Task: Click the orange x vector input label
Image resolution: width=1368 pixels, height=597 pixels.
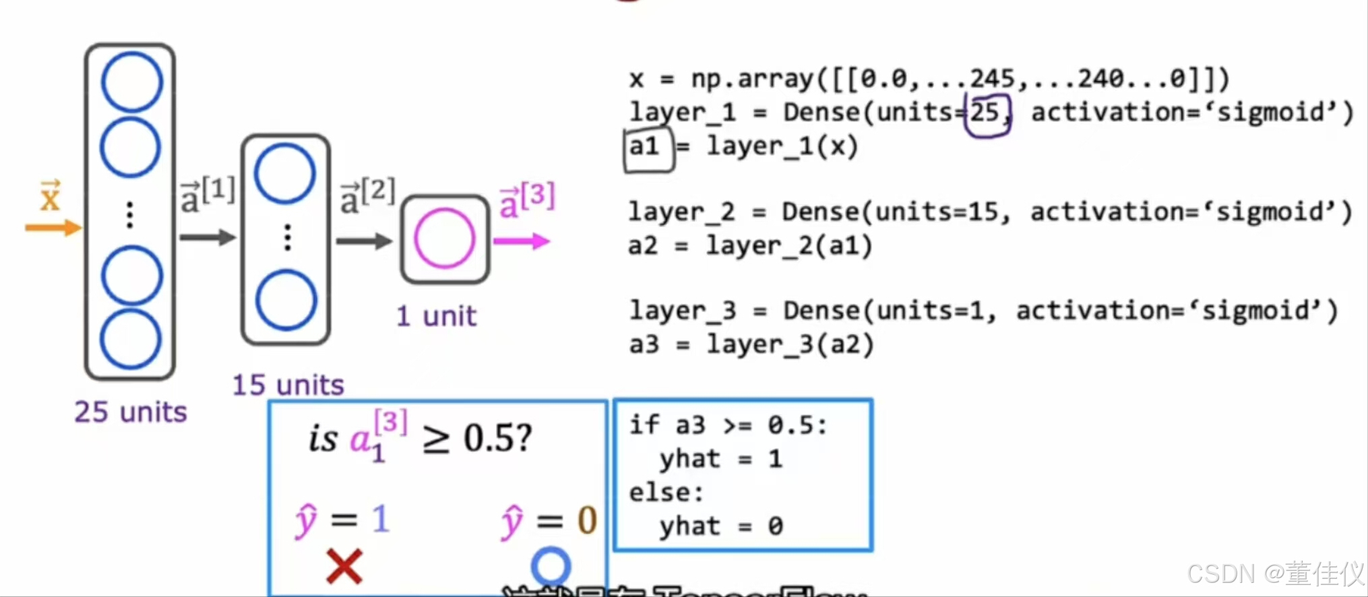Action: coord(50,197)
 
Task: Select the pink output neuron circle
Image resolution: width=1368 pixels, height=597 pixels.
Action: coord(445,239)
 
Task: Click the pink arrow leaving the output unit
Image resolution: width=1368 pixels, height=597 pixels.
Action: coord(522,241)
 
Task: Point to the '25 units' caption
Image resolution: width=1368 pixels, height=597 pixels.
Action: coord(130,412)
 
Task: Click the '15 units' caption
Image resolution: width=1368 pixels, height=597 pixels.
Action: coord(288,385)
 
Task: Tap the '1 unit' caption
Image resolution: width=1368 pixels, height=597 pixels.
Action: coord(436,316)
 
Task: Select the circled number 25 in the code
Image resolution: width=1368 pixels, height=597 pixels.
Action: coord(985,114)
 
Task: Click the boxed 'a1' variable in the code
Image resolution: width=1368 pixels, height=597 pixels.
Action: coord(646,147)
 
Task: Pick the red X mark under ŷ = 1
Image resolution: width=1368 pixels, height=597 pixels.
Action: coord(344,565)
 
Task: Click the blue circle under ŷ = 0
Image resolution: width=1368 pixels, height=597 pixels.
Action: coord(551,566)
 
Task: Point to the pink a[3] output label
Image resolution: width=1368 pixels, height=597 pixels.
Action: coord(527,200)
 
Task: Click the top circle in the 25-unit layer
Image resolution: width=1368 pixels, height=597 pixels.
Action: coord(132,82)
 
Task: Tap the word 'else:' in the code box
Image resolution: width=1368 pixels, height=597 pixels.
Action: coord(666,493)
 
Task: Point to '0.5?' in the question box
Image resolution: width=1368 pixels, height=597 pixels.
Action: coord(497,439)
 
